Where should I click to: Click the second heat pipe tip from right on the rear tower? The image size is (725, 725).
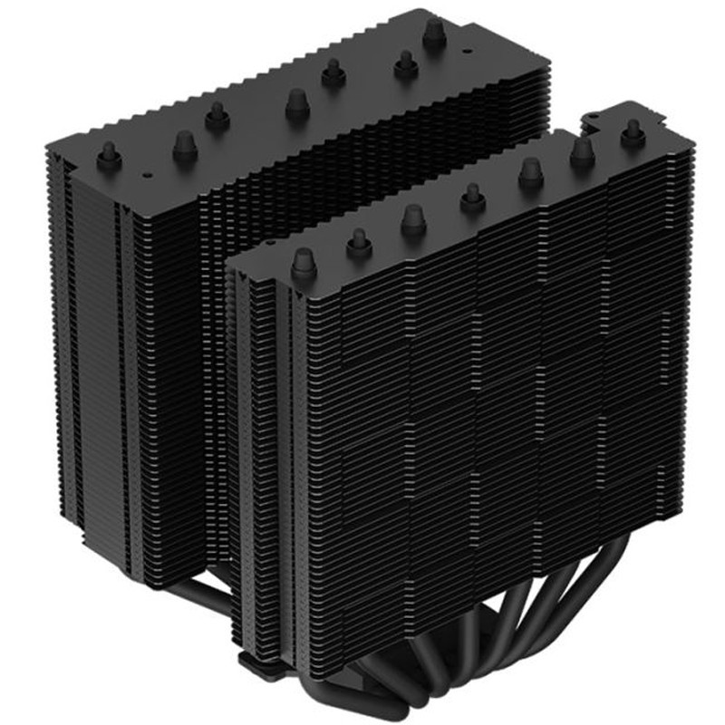click(x=403, y=63)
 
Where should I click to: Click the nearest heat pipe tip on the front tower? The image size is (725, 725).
click(x=302, y=263)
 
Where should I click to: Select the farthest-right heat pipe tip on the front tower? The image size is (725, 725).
click(x=632, y=134)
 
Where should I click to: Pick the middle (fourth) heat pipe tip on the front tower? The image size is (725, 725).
click(x=471, y=197)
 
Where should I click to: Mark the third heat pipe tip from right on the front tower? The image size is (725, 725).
click(x=530, y=172)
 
